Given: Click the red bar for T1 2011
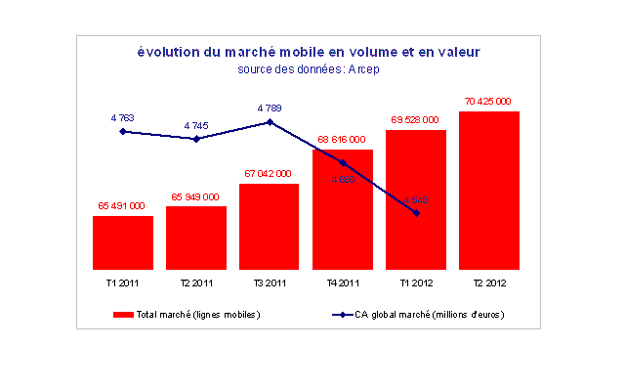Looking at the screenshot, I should [123, 242].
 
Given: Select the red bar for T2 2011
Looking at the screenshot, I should [196, 238].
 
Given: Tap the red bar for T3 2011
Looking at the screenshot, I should [269, 226].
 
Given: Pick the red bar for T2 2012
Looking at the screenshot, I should [488, 190].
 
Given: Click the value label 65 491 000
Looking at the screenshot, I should [122, 206].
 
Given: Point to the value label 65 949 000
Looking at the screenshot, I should [195, 196].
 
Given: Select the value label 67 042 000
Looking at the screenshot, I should [269, 173].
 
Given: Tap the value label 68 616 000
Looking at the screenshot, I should [342, 140].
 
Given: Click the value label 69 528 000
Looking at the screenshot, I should [415, 119].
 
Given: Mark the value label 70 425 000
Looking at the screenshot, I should [488, 101].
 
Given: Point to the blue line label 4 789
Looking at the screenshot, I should [271, 108].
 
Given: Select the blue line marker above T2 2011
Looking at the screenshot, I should [196, 139].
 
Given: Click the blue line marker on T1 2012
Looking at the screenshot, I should [416, 212].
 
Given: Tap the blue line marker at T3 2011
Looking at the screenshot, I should [270, 122].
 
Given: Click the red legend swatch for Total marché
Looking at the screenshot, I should [123, 315].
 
